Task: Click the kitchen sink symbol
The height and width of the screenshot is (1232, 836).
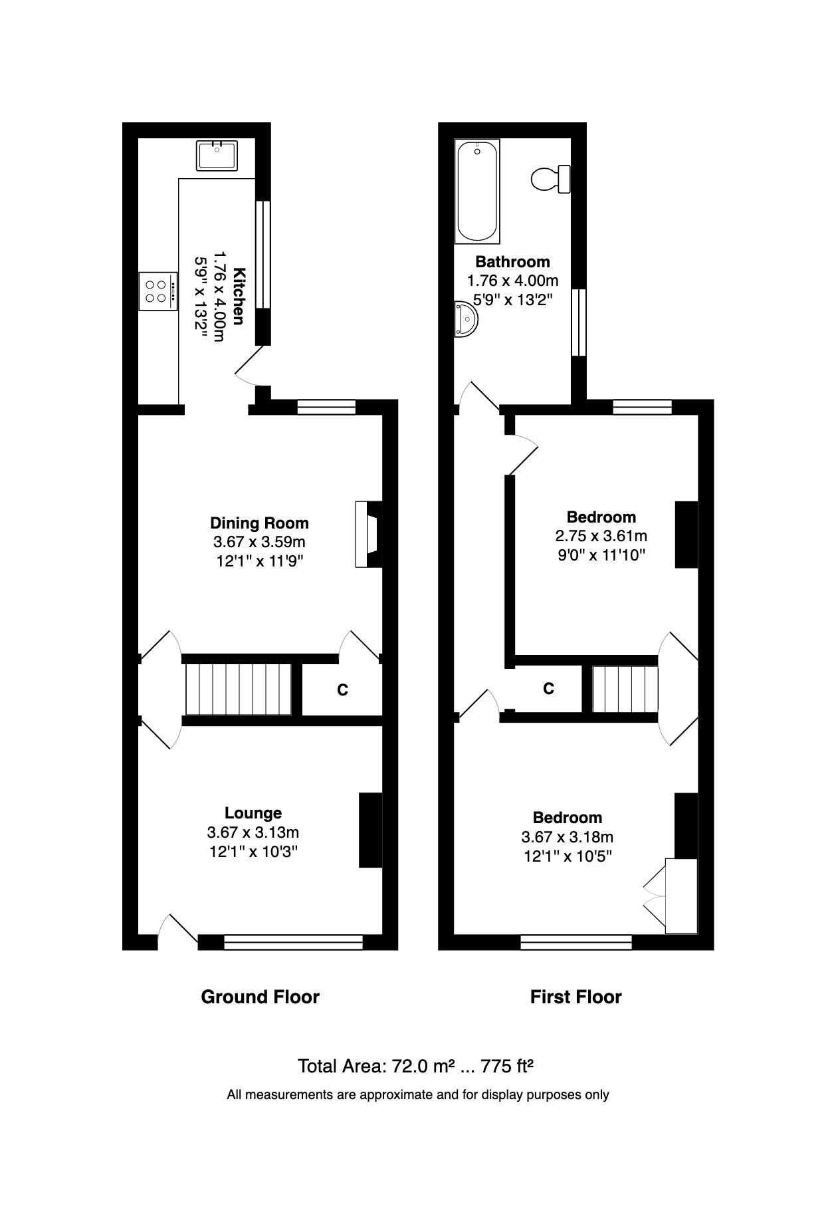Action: [x=217, y=156]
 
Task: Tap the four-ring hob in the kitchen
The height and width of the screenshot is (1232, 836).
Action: [x=158, y=291]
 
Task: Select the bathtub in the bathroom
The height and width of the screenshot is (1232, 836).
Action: [x=477, y=191]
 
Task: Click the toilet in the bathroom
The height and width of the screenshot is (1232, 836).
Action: [x=550, y=178]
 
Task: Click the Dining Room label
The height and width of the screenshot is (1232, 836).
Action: [x=259, y=523]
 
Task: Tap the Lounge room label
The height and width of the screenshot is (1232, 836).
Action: [x=253, y=812]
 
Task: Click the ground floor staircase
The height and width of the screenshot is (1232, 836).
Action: [x=238, y=689]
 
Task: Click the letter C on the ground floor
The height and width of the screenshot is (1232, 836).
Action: [x=342, y=690]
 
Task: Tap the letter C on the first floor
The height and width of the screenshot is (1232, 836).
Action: [x=548, y=689]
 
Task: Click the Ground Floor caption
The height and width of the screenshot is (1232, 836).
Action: [x=260, y=997]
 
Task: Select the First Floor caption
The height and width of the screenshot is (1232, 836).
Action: [x=575, y=997]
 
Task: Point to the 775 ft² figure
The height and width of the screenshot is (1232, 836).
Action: [x=507, y=1066]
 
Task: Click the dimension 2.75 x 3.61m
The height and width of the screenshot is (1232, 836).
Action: [x=601, y=536]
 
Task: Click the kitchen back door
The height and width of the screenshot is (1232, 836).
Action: [x=251, y=366]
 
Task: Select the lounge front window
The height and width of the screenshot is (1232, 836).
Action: [x=293, y=941]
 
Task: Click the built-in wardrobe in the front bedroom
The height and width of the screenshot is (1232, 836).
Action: [x=681, y=896]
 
